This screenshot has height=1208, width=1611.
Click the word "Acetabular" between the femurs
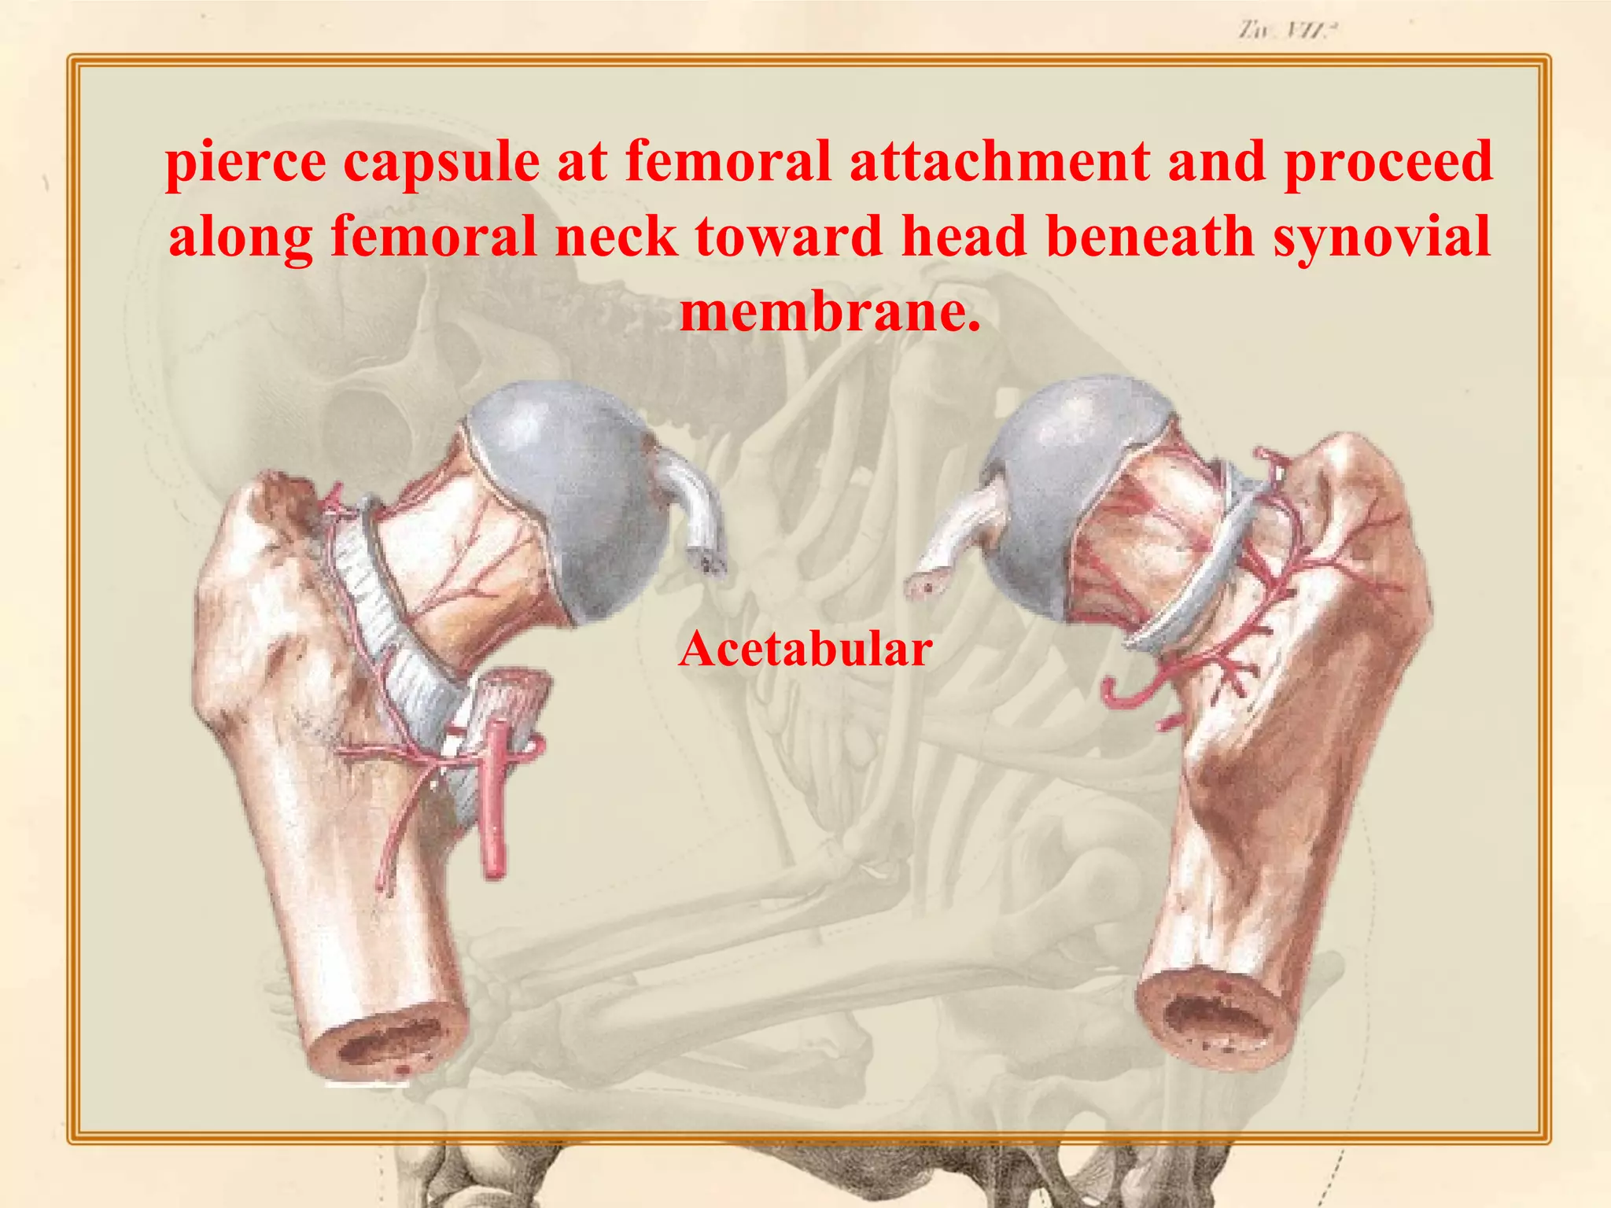(805, 650)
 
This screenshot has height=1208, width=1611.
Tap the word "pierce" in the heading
(245, 162)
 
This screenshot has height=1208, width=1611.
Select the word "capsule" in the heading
(441, 162)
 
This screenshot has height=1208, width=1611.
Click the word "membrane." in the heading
(830, 311)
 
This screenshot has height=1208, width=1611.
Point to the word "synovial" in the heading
(1382, 236)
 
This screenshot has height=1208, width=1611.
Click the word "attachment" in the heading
(1000, 162)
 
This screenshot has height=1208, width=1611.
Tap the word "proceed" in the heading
(1388, 162)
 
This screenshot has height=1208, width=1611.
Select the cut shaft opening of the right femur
(1215, 1022)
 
